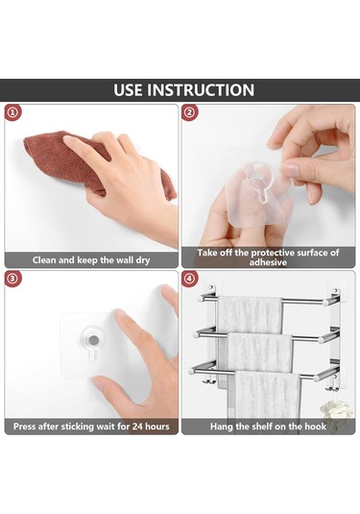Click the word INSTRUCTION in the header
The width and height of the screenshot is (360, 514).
[201, 90]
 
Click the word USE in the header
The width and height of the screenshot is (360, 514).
[127, 90]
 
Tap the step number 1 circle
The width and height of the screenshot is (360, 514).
[12, 112]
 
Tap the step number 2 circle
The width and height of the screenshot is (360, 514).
[190, 112]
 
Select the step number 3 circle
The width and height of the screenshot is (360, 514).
[12, 279]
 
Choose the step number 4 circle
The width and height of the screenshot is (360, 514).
[190, 279]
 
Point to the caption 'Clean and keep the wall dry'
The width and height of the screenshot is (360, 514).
[91, 260]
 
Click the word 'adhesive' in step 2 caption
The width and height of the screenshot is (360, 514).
[268, 262]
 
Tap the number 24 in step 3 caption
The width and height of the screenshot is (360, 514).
[137, 427]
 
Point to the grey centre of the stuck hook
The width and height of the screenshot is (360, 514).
[94, 340]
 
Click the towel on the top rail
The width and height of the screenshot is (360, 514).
[250, 314]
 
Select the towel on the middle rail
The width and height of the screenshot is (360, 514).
[259, 352]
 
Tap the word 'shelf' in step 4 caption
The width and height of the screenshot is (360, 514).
[262, 427]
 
